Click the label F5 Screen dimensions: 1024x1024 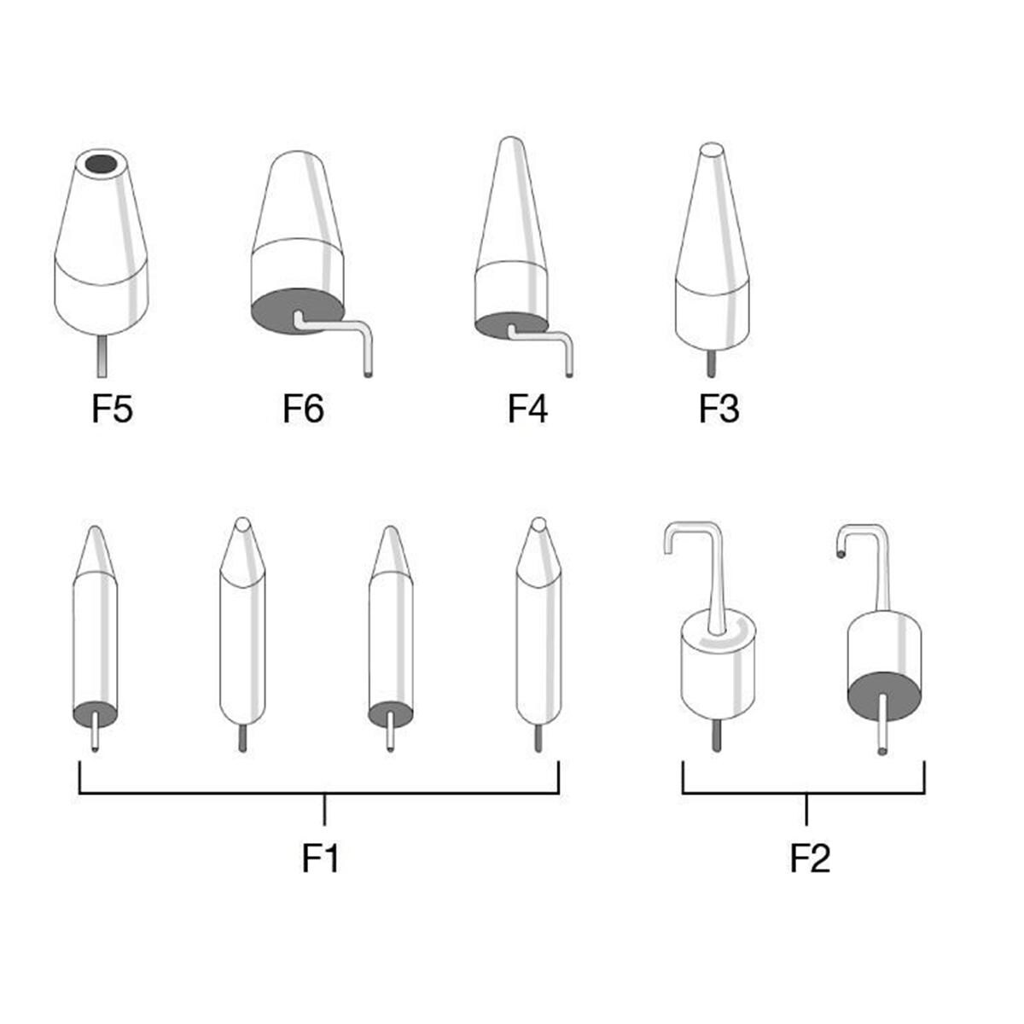coord(113,410)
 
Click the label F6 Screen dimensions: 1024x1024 coord(303,410)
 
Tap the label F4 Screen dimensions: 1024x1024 coord(527,410)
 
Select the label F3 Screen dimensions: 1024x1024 coord(719,410)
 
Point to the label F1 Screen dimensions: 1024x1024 coord(321,858)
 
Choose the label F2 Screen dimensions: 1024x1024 coord(809,858)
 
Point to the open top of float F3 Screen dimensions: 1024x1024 coord(711,151)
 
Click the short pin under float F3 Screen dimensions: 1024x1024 coord(711,362)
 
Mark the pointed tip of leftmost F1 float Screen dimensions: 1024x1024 coord(96,532)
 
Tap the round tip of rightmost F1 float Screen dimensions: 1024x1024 coord(538,524)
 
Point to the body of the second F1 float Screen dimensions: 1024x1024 coord(241,649)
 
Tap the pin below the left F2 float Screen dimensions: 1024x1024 coord(717,735)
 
